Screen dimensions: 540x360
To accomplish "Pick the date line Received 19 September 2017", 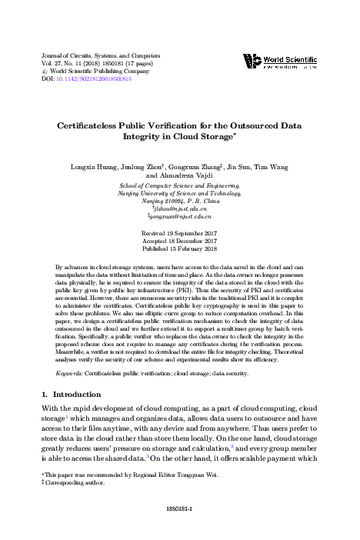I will click(180, 232).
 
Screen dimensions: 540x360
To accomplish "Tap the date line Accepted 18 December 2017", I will click(180, 240).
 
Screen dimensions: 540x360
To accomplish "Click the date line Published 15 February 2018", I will click(180, 248).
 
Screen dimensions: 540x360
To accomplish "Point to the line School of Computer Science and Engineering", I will click(180, 185).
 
